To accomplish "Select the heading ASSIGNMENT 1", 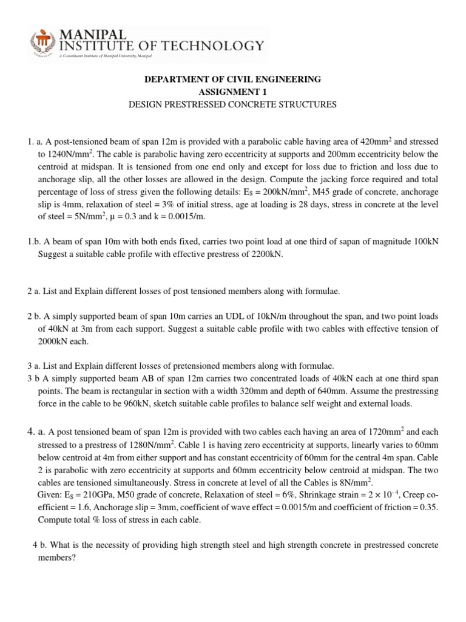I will [x=233, y=92].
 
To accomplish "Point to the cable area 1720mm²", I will [x=380, y=432].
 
